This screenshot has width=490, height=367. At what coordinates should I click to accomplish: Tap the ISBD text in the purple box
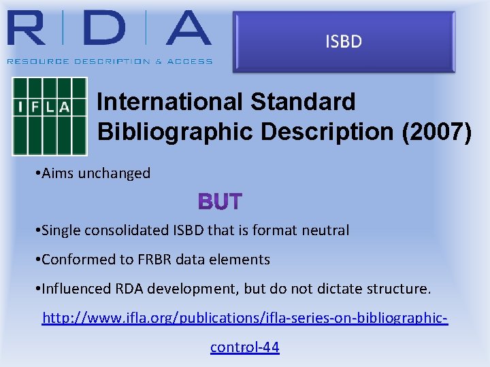(344, 42)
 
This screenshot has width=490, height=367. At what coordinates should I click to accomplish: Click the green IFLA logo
(50, 116)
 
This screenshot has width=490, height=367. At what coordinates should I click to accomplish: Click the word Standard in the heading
(303, 102)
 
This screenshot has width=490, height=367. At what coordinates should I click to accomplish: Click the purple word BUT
(220, 202)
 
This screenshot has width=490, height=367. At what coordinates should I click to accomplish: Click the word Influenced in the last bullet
(75, 289)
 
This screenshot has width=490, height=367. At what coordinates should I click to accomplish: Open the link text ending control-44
(244, 347)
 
